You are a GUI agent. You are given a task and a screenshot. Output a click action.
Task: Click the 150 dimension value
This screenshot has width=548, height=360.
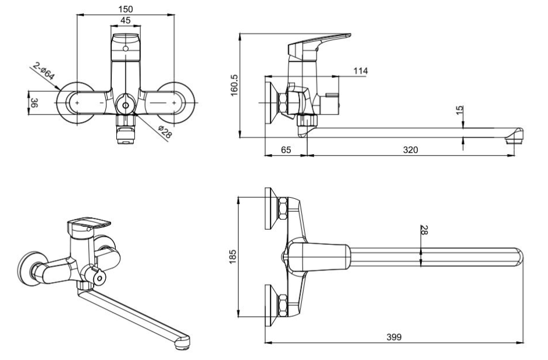click(x=126, y=9)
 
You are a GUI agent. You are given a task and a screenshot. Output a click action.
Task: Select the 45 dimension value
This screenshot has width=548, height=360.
click(x=126, y=20)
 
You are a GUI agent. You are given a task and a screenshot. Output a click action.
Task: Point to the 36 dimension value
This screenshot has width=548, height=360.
click(x=34, y=103)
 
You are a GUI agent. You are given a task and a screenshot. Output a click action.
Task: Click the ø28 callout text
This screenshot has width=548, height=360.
click(x=165, y=132)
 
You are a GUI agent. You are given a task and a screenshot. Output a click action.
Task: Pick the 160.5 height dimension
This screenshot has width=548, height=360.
click(x=234, y=85)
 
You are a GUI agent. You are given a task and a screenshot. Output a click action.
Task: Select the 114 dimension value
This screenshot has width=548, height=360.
click(x=361, y=71)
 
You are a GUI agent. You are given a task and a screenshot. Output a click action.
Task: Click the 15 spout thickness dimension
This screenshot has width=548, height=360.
click(x=460, y=108)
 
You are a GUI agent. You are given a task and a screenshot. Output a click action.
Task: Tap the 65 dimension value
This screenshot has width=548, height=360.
click(x=286, y=149)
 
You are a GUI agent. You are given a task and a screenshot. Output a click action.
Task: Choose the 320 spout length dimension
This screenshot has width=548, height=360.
click(x=410, y=149)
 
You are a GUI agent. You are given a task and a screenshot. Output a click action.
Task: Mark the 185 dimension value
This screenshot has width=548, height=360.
click(x=233, y=256)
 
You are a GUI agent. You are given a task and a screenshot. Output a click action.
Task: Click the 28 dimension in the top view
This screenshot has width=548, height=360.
click(x=424, y=230)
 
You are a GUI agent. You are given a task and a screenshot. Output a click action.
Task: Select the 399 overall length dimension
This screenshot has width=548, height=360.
click(x=394, y=337)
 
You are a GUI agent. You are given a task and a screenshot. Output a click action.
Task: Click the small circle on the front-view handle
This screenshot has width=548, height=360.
click(x=126, y=49)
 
